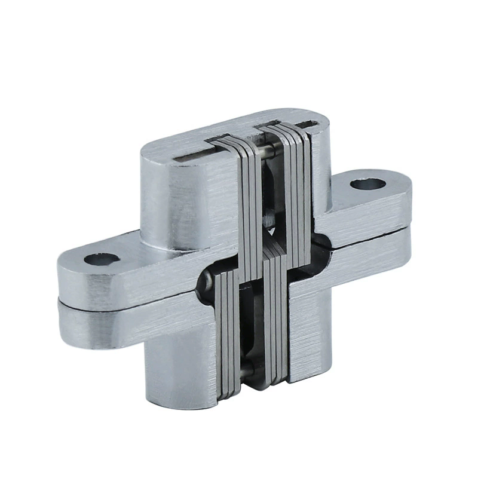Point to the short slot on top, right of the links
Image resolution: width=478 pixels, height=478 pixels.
(x=310, y=124)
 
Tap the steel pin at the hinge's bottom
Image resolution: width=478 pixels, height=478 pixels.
(x=247, y=370)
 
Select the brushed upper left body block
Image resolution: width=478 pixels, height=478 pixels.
(x=179, y=197)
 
